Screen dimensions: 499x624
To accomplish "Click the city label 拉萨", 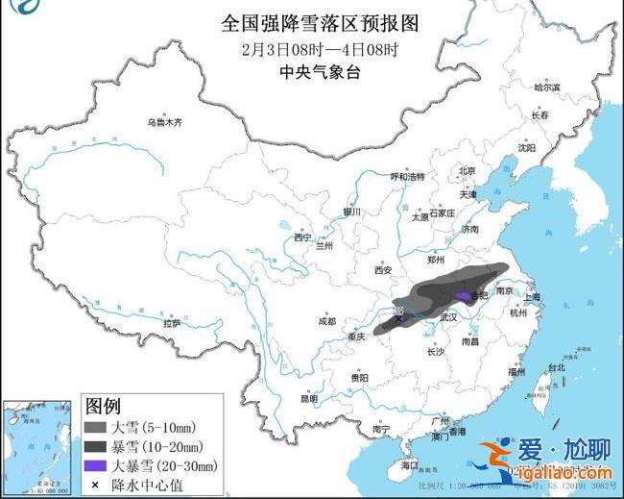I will [172, 324].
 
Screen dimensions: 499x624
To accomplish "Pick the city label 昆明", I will [308, 397].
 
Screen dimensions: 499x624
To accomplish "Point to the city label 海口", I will [410, 465].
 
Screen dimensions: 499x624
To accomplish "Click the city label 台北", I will [556, 367].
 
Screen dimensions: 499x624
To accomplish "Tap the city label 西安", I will [384, 270].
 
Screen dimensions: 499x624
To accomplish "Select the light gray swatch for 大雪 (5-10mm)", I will [96, 427].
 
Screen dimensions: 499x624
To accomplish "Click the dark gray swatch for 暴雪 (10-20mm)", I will [96, 446].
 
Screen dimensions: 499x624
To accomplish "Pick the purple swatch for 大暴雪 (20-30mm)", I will [96, 465].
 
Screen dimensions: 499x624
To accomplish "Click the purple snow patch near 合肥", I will [465, 297].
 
